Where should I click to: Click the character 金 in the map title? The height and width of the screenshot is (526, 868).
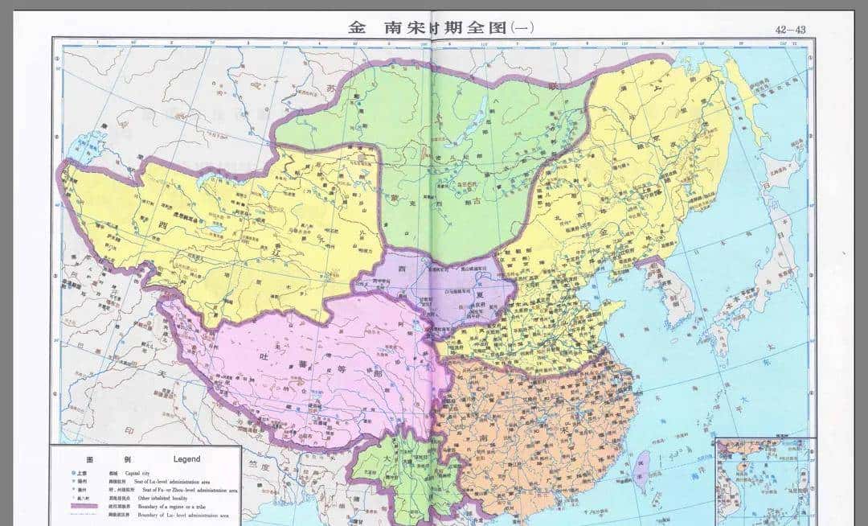coord(357,27)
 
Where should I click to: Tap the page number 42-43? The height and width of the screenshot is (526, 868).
coord(790,29)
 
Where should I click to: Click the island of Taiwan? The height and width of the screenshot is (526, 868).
coord(642,465)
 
